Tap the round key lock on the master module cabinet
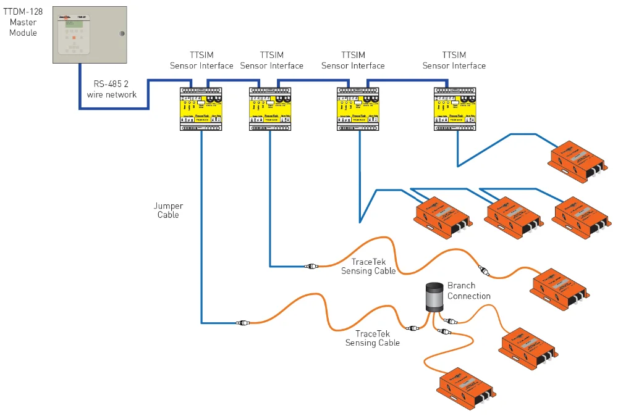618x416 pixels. pos(122,33)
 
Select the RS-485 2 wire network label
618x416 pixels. pos(111,89)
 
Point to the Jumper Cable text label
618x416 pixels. pos(168,210)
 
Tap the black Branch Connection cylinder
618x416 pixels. pos(434,297)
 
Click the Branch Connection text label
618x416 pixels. pos(469,291)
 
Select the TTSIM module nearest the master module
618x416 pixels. pos(201,109)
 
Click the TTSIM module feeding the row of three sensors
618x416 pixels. pos(358,109)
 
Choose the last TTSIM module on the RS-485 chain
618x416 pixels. pos(456,109)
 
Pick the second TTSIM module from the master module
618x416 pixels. pos(270,109)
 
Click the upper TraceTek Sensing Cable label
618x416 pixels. pos(368,267)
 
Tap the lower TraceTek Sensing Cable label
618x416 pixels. pos(373,338)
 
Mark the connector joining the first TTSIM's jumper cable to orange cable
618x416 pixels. pos(243,322)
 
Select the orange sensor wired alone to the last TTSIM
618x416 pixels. pos(577,161)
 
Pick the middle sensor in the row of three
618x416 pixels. pos(510,211)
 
